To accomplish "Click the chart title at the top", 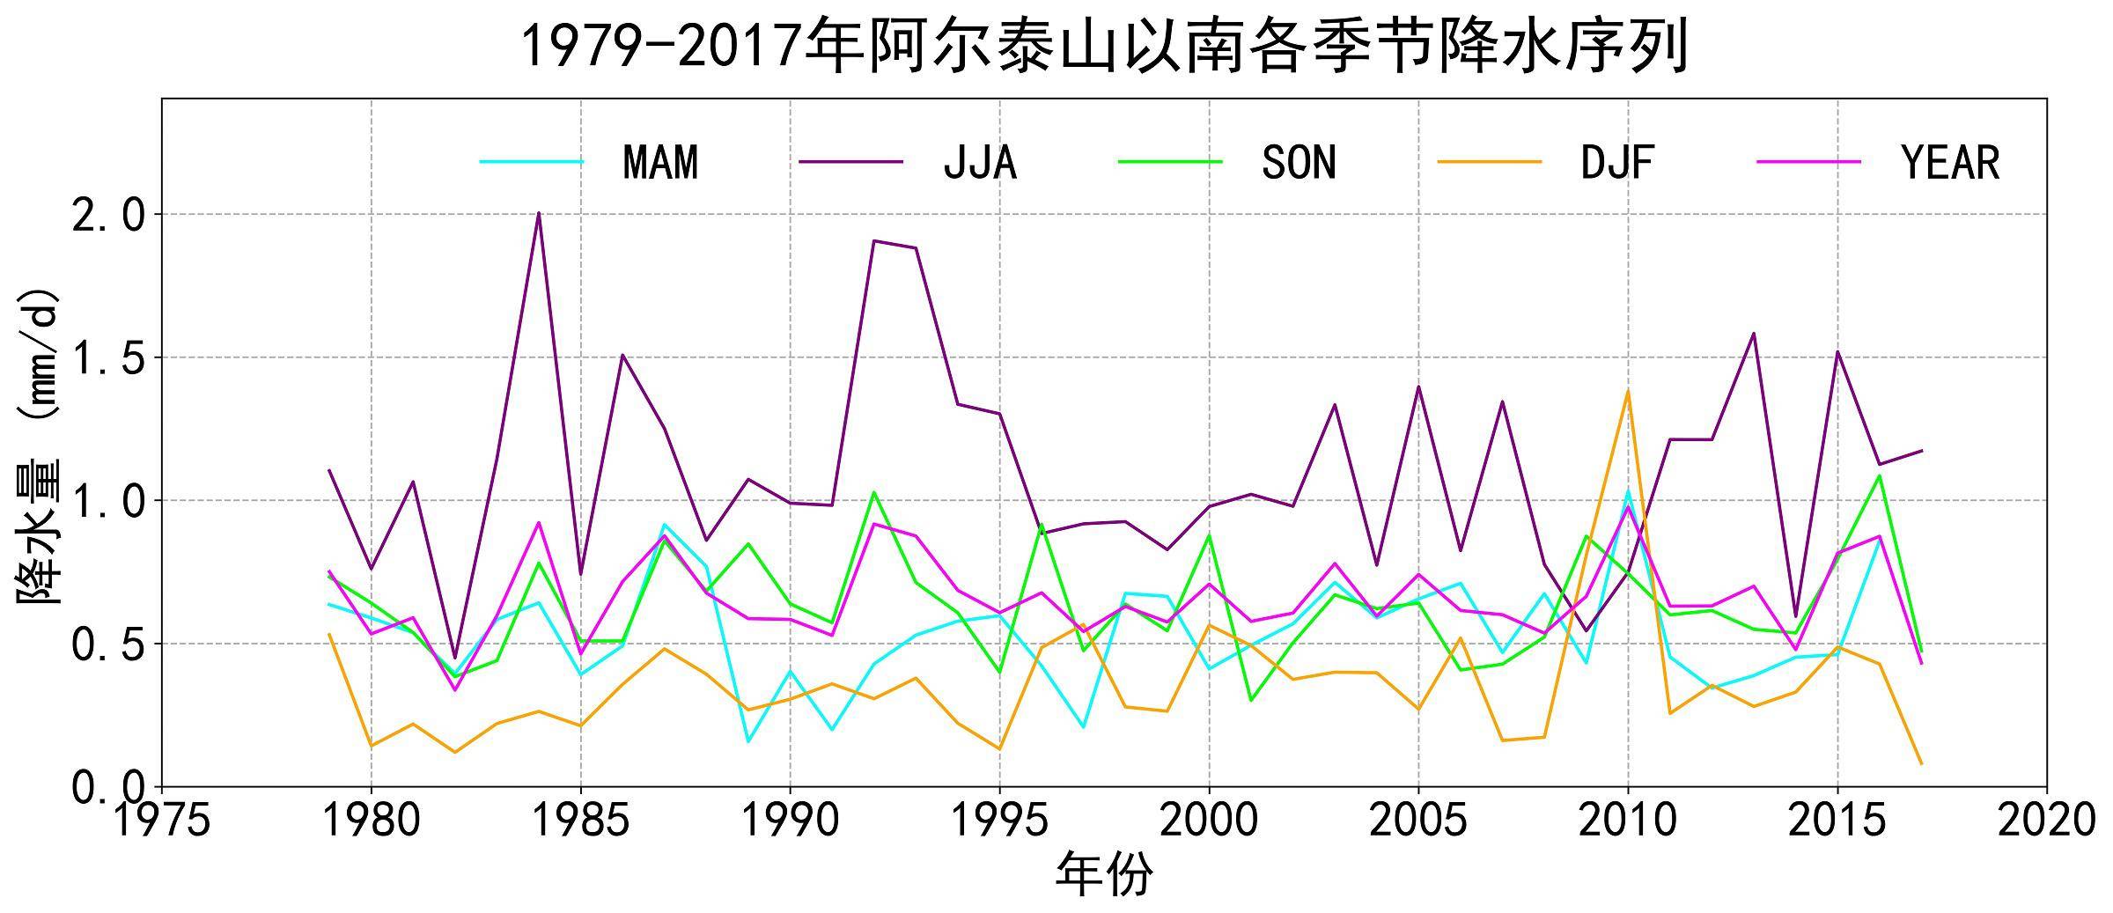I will click(1104, 48).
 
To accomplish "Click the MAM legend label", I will click(659, 163).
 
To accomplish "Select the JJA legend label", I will click(980, 163).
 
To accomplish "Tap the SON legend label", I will click(1299, 163).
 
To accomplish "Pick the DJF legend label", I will click(1617, 163).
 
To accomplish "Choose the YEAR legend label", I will click(1950, 163).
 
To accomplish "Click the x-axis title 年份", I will click(1104, 874).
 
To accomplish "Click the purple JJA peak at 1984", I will click(539, 213).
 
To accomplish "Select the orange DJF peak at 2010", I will click(1628, 390).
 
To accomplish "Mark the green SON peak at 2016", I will click(1880, 475).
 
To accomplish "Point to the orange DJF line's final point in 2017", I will click(1921, 763).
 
